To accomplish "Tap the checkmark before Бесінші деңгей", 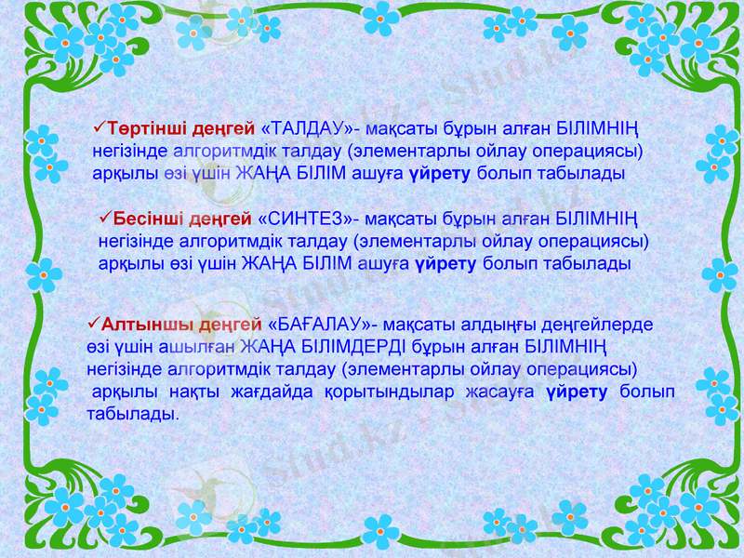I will pyautogui.click(x=105, y=219).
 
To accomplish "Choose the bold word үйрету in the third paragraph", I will pyautogui.click(x=578, y=391).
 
